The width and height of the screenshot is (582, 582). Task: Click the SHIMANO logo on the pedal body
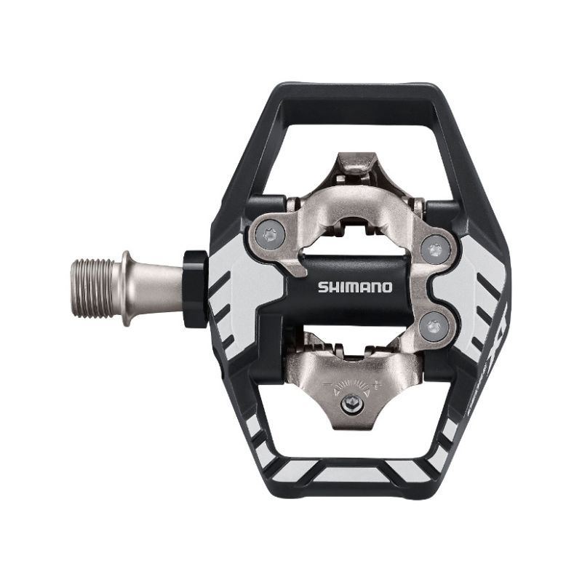[x=354, y=287]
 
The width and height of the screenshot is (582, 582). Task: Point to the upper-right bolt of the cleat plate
[x=436, y=249]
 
